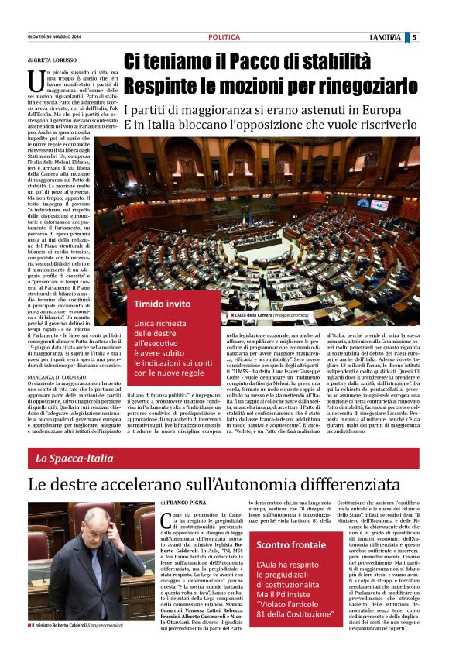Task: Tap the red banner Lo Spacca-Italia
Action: (74, 459)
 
